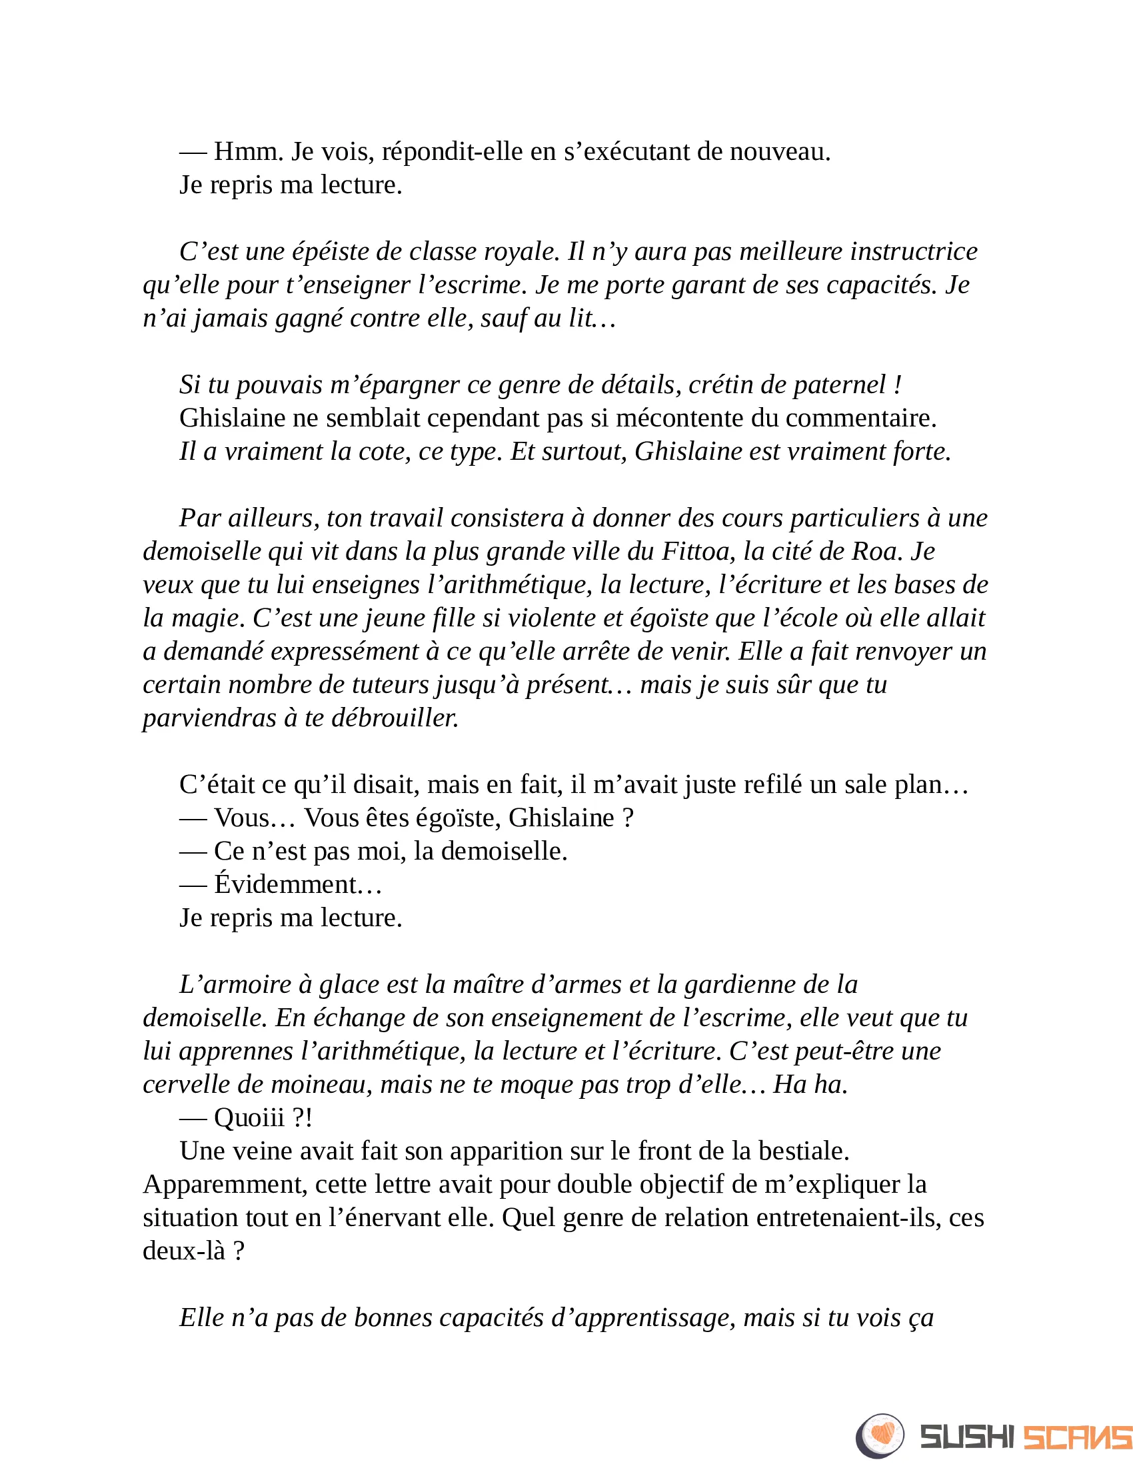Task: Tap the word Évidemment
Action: pyautogui.click(x=285, y=885)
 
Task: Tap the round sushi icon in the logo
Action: pyautogui.click(x=880, y=1436)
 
